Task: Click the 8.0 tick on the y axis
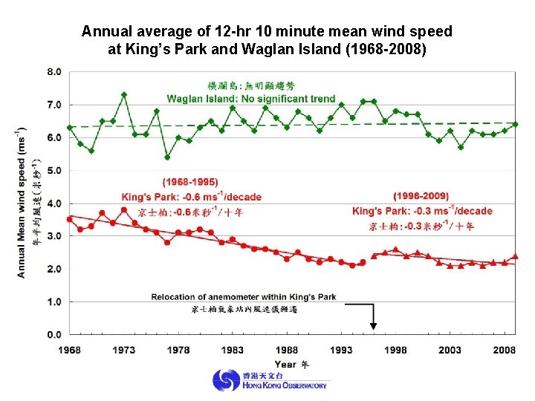click(x=54, y=72)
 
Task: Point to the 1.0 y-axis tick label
click(x=54, y=301)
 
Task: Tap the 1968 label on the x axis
click(x=69, y=350)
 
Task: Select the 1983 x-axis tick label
click(x=233, y=350)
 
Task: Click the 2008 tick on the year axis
click(x=505, y=350)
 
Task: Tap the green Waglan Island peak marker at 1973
click(x=124, y=95)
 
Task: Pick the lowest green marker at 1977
click(x=167, y=157)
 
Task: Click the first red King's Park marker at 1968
click(x=70, y=219)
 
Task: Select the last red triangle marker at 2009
click(x=515, y=256)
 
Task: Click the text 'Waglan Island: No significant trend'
click(x=251, y=99)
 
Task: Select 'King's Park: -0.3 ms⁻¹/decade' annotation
click(x=422, y=211)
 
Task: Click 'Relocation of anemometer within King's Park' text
click(x=244, y=297)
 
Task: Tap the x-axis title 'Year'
click(x=285, y=364)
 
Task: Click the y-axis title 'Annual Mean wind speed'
click(x=22, y=204)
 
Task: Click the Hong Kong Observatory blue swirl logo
click(x=226, y=381)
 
